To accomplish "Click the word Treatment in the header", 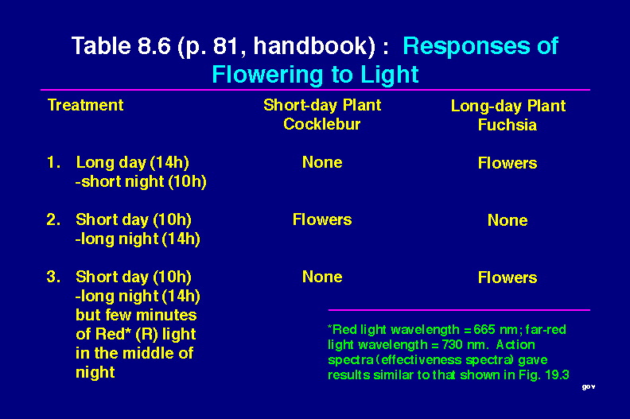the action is pos(86,105).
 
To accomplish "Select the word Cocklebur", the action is pos(322,124).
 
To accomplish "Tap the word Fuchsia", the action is pos(507,125).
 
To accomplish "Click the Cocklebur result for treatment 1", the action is pos(322,162).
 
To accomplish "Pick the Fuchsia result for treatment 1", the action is pos(507,163).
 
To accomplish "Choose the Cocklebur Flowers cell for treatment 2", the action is pos(322,219).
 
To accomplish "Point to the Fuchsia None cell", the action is pos(507,220).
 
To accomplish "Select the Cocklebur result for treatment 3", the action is pos(322,277).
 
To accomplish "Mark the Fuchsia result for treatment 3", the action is pos(507,277).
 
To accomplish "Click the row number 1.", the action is pos(53,162).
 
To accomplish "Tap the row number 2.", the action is pos(53,219).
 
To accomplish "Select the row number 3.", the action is pos(53,277).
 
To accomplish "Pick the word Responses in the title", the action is pos(465,47).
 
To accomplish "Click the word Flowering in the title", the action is pos(267,75).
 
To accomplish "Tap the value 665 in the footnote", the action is pos(484,330).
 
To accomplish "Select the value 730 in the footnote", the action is pos(453,345).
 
